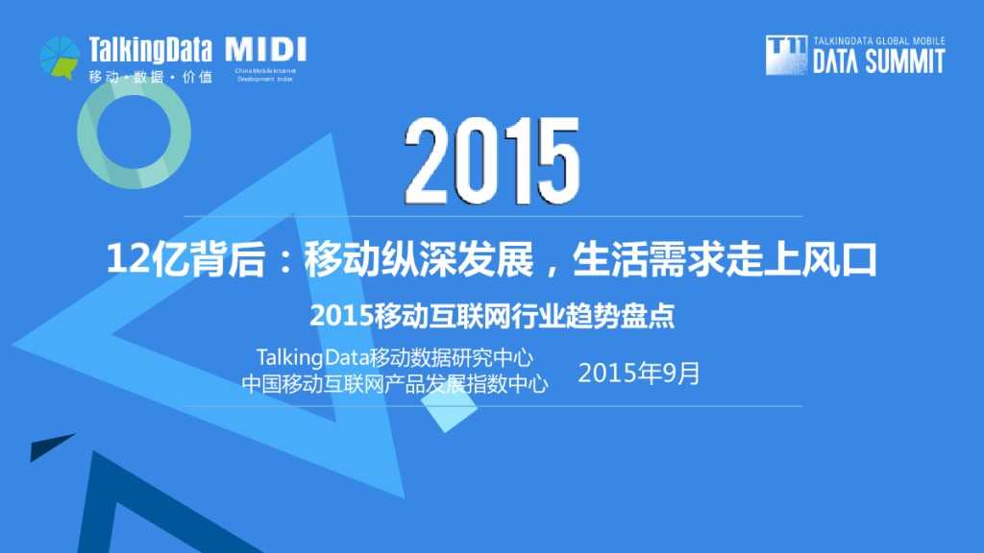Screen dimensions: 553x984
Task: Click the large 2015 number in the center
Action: point(491,160)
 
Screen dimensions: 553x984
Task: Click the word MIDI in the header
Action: point(265,50)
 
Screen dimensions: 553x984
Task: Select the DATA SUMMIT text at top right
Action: point(878,62)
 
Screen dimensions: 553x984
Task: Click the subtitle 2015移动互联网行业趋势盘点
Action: point(491,316)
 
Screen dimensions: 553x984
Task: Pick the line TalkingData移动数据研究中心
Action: point(395,358)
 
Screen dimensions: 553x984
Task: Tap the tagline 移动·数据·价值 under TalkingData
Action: point(150,77)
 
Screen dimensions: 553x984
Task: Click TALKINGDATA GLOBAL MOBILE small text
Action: point(878,42)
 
